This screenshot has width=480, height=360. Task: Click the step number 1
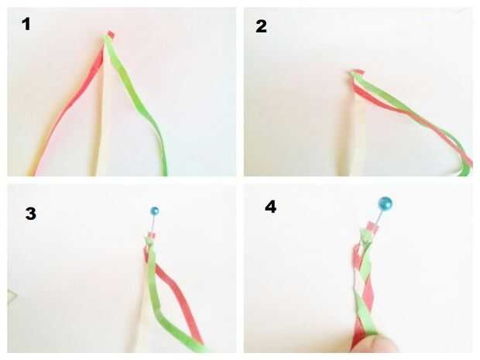26,24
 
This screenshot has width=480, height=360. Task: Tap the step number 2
261,26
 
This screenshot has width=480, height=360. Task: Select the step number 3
31,214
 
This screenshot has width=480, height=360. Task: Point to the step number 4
271,207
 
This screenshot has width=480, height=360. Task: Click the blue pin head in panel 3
155,211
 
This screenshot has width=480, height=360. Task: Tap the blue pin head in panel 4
386,204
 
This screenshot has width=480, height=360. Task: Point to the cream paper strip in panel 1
101,122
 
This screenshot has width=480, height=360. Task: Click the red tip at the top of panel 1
111,35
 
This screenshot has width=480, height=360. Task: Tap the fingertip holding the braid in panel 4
373,344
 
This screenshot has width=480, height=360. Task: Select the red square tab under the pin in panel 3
152,236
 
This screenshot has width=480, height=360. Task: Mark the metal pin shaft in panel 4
379,217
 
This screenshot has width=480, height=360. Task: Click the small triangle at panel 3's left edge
12,297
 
